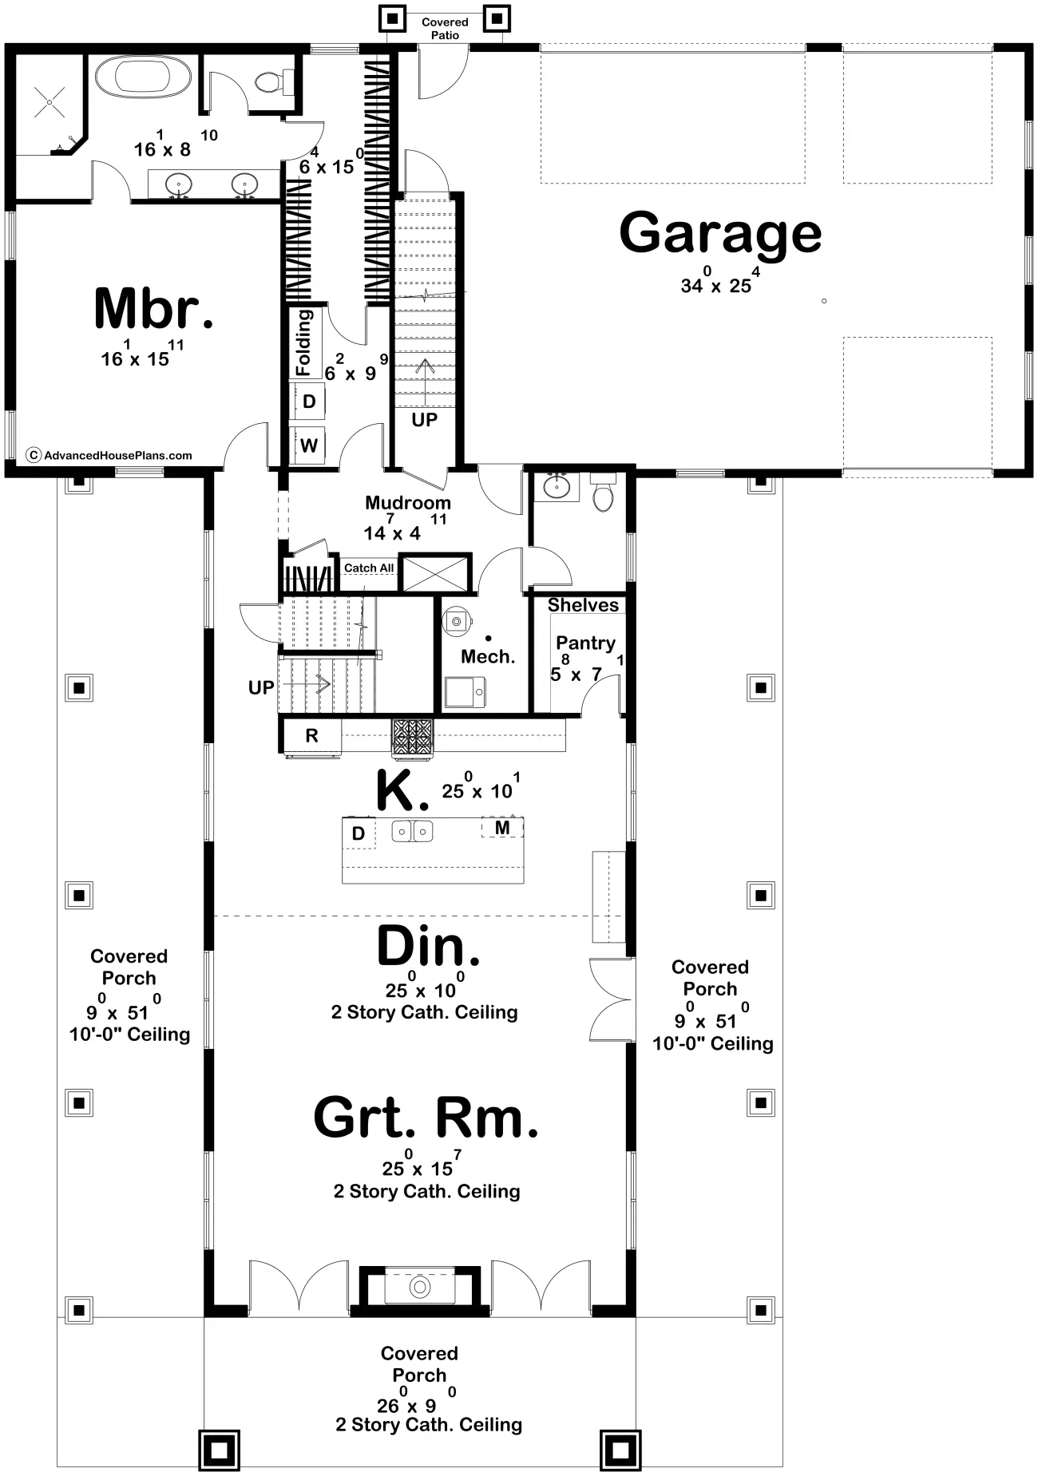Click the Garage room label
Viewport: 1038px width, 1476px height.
[x=720, y=233]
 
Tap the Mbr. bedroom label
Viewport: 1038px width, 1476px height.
[x=153, y=308]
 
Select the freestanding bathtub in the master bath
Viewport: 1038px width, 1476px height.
[x=133, y=77]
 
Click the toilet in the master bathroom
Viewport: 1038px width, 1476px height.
[x=273, y=81]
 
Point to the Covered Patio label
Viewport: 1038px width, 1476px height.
[x=445, y=29]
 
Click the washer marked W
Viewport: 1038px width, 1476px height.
[x=309, y=445]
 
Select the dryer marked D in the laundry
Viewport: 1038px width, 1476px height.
[x=309, y=402]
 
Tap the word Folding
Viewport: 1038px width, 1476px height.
[x=304, y=342]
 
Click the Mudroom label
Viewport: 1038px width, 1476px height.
[x=408, y=503]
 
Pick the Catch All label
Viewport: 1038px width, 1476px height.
[x=369, y=568]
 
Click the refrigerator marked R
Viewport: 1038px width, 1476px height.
[x=312, y=735]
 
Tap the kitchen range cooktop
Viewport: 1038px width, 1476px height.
[x=412, y=736]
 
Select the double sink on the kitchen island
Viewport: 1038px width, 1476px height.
[x=412, y=832]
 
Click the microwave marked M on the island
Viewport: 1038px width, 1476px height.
[x=502, y=828]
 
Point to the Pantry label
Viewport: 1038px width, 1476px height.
[x=585, y=643]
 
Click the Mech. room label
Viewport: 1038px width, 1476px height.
[x=488, y=657]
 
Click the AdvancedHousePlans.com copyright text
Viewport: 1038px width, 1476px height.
[x=110, y=455]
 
